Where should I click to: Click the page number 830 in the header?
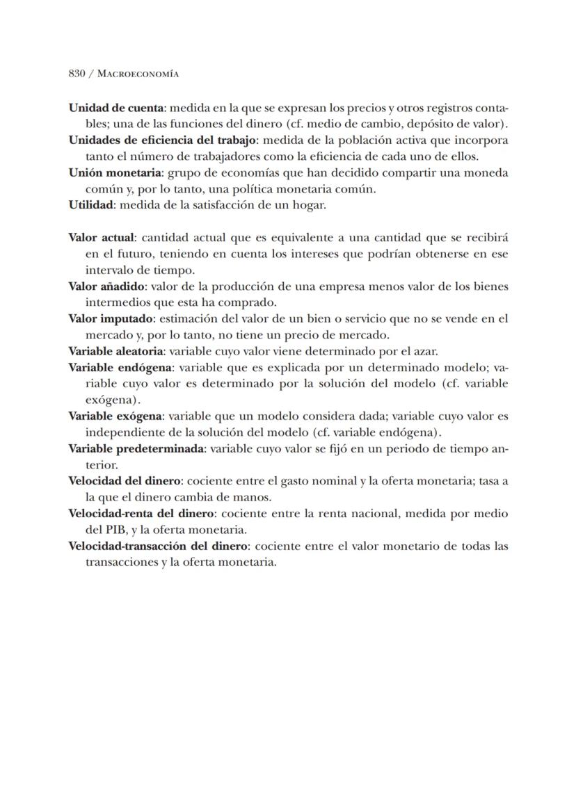(77, 73)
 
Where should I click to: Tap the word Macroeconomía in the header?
(138, 73)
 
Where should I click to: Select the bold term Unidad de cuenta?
(115, 108)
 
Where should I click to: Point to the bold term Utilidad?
(90, 205)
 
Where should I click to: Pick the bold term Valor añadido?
(106, 286)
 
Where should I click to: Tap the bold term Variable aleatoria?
(115, 351)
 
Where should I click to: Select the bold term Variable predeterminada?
(136, 448)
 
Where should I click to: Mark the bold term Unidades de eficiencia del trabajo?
(161, 140)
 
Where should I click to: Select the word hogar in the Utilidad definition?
(310, 205)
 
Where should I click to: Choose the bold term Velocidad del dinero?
(125, 481)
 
